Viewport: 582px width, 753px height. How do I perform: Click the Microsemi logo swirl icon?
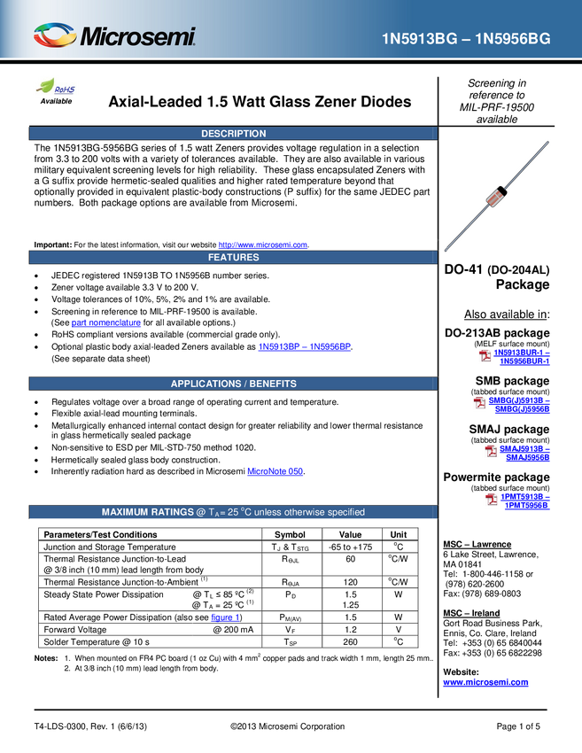tap(55, 35)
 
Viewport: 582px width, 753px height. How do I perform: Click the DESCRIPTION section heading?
tap(233, 134)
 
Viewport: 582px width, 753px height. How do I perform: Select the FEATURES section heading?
tap(233, 258)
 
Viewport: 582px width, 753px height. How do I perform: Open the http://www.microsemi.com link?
tap(263, 245)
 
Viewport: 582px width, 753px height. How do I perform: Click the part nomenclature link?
tap(106, 322)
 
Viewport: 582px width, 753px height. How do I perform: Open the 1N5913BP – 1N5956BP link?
tap(305, 346)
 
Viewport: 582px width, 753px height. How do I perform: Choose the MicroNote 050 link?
tap(275, 471)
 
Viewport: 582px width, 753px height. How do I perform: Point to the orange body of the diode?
tap(496, 197)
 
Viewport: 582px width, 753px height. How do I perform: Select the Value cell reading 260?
tap(351, 642)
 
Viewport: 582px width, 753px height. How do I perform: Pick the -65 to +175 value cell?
tap(351, 547)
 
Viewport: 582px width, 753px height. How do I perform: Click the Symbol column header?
tap(290, 535)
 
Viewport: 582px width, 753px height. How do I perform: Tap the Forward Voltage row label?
tap(75, 630)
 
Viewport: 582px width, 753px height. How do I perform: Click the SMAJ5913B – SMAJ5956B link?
tap(524, 454)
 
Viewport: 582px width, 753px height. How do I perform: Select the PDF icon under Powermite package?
tap(492, 500)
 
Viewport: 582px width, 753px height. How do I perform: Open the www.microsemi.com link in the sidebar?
tap(485, 682)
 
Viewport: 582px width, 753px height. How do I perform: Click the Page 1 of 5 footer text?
tap(518, 726)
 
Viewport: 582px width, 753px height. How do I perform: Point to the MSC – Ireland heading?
tap(471, 613)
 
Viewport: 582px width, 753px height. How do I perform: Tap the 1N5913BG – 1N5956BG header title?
tap(466, 39)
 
